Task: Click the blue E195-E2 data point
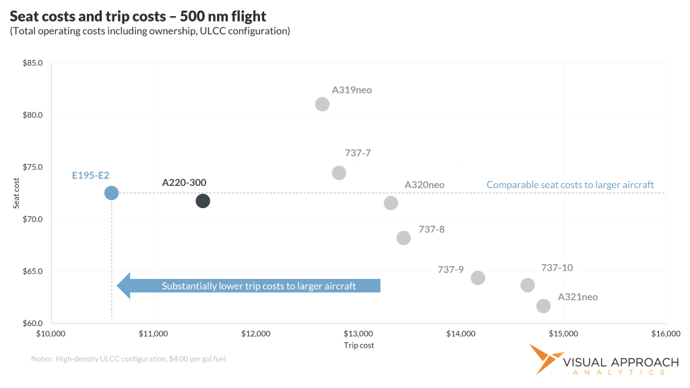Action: point(111,193)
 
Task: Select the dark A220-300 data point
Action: point(203,201)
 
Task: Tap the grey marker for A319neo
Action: point(322,104)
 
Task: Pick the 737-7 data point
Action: point(339,173)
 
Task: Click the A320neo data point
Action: point(391,203)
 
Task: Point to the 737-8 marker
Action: point(404,238)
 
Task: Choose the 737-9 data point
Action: point(478,278)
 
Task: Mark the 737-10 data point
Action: point(528,285)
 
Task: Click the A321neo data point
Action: point(543,306)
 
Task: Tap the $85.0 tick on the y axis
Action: point(33,63)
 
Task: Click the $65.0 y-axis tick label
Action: point(33,271)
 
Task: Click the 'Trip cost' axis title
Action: point(358,346)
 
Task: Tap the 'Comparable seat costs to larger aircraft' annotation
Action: point(570,185)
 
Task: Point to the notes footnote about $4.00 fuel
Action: point(129,359)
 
